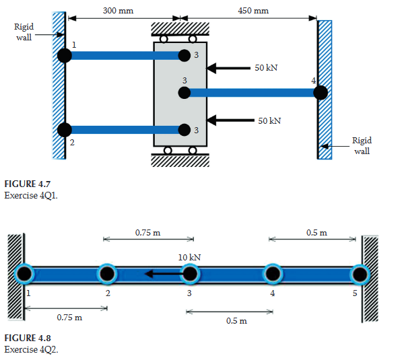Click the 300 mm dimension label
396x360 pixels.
(118, 11)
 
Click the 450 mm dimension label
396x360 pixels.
(253, 11)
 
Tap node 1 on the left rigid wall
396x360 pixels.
(65, 55)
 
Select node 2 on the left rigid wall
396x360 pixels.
(65, 130)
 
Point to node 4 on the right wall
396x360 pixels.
(321, 93)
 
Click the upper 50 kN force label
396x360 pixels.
(266, 68)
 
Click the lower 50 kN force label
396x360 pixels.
(269, 121)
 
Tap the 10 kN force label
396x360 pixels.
(189, 258)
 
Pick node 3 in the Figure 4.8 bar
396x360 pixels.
(190, 274)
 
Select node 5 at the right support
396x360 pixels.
(360, 275)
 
